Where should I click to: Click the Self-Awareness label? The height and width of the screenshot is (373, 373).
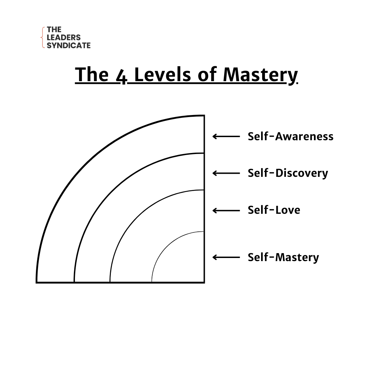point(290,136)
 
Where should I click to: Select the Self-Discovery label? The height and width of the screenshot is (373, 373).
point(288,173)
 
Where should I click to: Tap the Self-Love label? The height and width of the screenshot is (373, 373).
point(274,210)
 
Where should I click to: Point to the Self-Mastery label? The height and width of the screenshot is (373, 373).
point(283,257)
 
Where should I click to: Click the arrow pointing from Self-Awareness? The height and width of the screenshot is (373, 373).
point(226,136)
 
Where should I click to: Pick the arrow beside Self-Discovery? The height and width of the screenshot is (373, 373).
point(226,173)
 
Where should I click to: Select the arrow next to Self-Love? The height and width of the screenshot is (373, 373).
point(226,210)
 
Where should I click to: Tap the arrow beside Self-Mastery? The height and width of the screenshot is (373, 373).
point(226,257)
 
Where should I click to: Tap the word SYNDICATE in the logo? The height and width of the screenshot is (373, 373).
point(68,45)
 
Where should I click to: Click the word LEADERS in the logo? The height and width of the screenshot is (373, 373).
point(64,38)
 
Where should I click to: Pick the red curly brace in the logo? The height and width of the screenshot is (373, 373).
point(43,37)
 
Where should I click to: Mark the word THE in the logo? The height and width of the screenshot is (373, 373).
point(54,30)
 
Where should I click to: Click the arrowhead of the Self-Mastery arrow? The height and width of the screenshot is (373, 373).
point(214,257)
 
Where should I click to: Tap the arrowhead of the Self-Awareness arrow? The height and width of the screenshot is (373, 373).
point(214,136)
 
